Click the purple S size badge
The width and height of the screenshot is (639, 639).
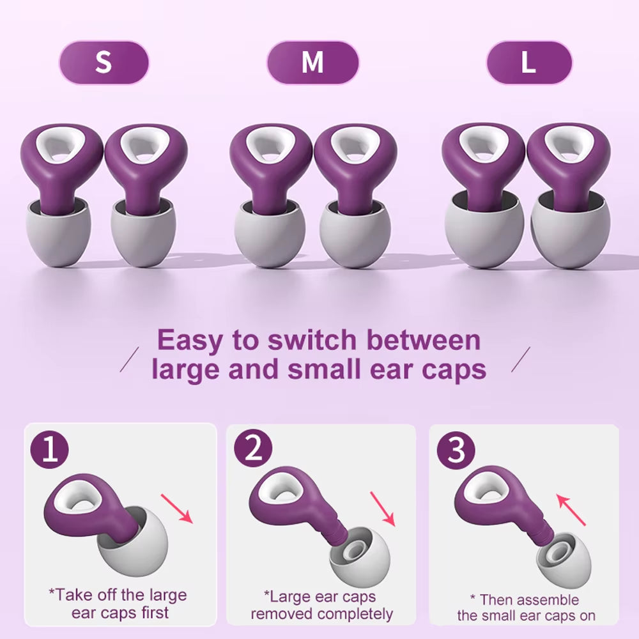pyautogui.click(x=104, y=63)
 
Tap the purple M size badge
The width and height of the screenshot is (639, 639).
pyautogui.click(x=312, y=63)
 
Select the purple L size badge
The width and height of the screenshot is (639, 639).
pyautogui.click(x=528, y=63)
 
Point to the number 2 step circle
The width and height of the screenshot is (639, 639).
pyautogui.click(x=253, y=450)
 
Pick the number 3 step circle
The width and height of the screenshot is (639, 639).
pyautogui.click(x=456, y=450)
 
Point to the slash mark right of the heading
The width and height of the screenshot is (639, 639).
pyautogui.click(x=521, y=360)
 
